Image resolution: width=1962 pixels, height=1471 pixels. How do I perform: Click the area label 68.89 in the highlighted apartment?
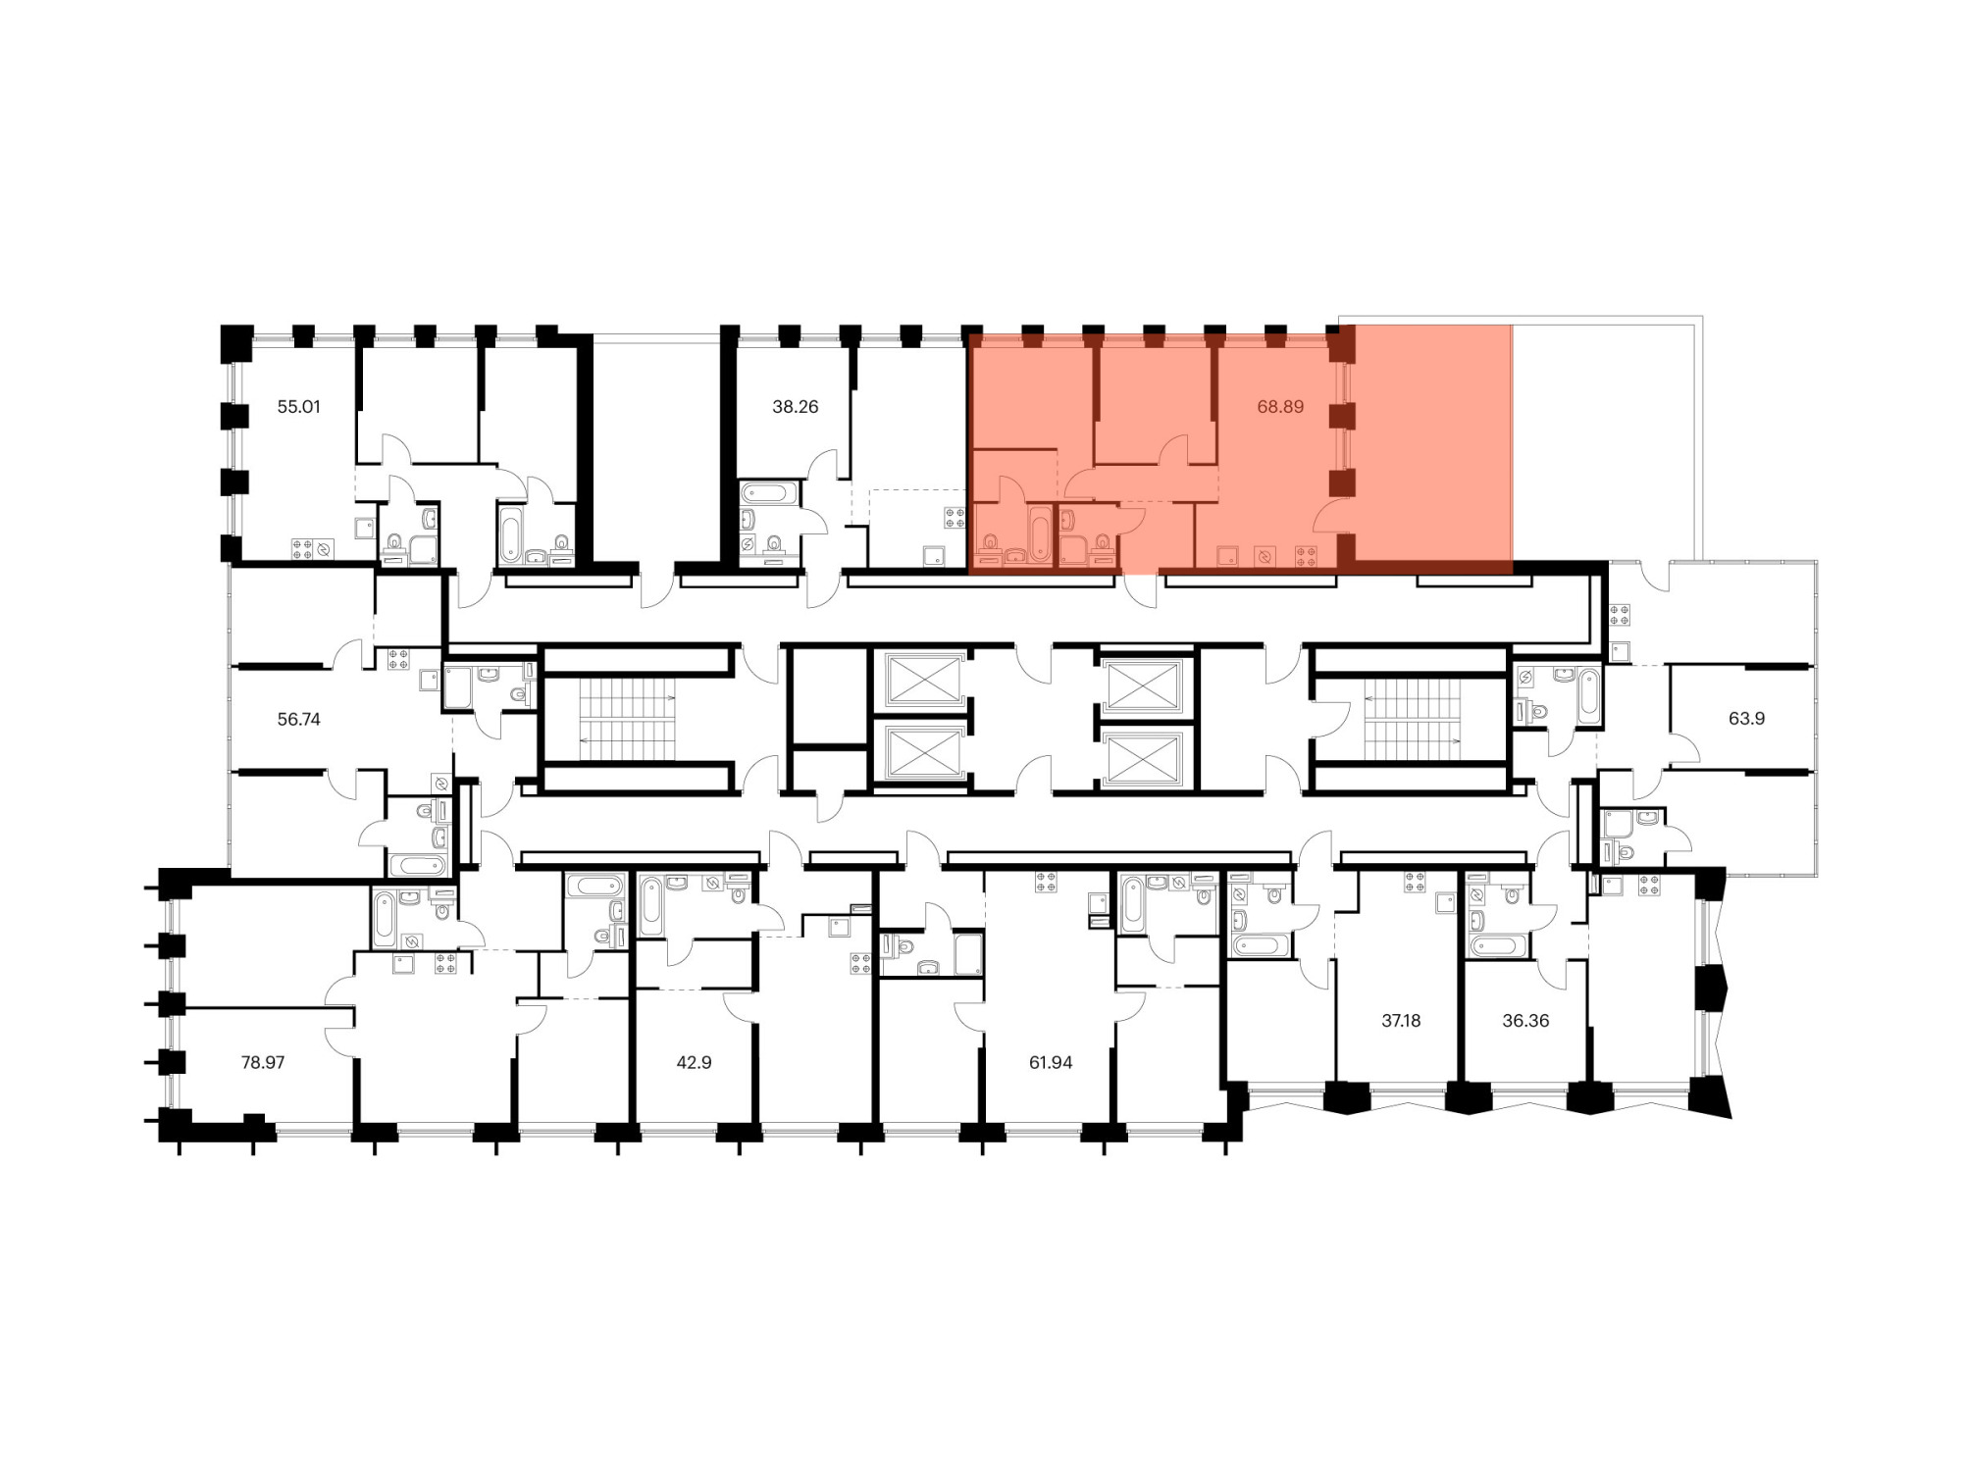(x=1280, y=407)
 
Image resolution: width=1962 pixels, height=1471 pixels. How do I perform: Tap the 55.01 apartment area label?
(x=298, y=407)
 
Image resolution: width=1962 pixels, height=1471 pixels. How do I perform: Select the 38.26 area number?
(x=795, y=407)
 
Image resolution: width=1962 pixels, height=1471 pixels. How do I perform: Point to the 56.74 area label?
(x=298, y=719)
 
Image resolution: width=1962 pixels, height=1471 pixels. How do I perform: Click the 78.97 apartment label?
(x=263, y=1062)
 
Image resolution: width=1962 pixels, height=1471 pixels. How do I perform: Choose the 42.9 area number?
(x=694, y=1062)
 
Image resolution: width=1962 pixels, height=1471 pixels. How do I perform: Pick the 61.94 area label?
(x=1051, y=1062)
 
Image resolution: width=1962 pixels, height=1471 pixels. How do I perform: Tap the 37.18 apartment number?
(x=1401, y=1020)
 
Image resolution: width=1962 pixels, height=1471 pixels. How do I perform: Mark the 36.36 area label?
(x=1525, y=1020)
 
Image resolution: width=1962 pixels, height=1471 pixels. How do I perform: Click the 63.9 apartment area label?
(x=1746, y=719)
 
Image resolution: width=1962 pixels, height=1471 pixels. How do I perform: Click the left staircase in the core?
(x=627, y=720)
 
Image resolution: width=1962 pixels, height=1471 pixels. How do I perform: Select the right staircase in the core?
(x=1413, y=720)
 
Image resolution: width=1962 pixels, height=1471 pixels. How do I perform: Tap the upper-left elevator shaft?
(x=923, y=680)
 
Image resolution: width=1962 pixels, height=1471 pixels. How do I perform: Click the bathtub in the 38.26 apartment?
(x=769, y=492)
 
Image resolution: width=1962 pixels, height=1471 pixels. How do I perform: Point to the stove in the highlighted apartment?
(x=1306, y=556)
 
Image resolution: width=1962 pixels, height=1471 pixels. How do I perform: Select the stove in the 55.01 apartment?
(x=302, y=549)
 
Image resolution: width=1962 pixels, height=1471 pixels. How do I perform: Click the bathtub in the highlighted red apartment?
(x=1040, y=533)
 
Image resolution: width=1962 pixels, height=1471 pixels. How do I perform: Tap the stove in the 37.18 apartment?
(x=1415, y=882)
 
